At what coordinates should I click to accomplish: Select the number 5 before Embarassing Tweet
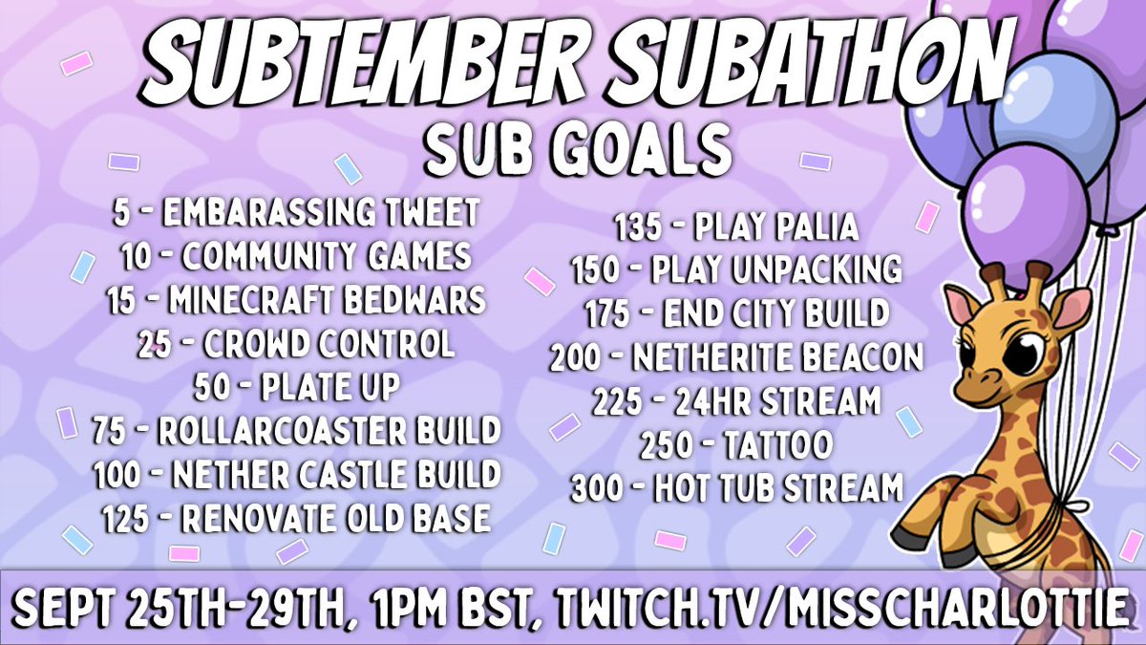pyautogui.click(x=121, y=213)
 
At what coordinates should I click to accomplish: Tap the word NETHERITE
pyautogui.click(x=734, y=357)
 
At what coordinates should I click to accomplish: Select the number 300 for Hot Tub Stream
pyautogui.click(x=601, y=488)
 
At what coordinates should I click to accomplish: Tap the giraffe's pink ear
pyautogui.click(x=961, y=307)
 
